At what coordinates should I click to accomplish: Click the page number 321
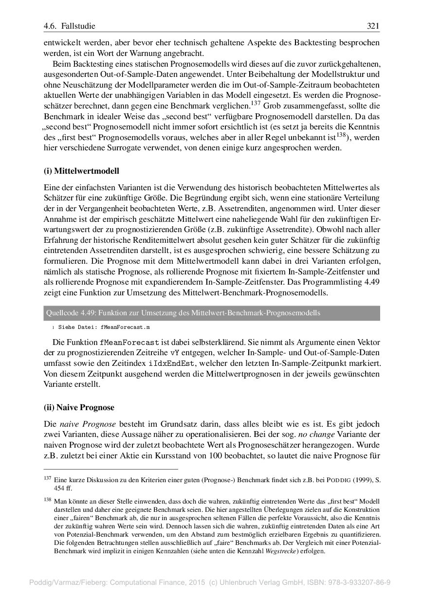[373, 26]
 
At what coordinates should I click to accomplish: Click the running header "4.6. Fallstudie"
[70, 26]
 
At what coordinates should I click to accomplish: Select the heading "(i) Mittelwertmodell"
[81, 171]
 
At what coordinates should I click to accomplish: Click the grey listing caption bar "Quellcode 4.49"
[211, 313]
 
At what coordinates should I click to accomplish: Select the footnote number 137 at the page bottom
[47, 479]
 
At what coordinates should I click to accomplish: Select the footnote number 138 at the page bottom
[47, 499]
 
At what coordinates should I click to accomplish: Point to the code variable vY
[175, 352]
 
